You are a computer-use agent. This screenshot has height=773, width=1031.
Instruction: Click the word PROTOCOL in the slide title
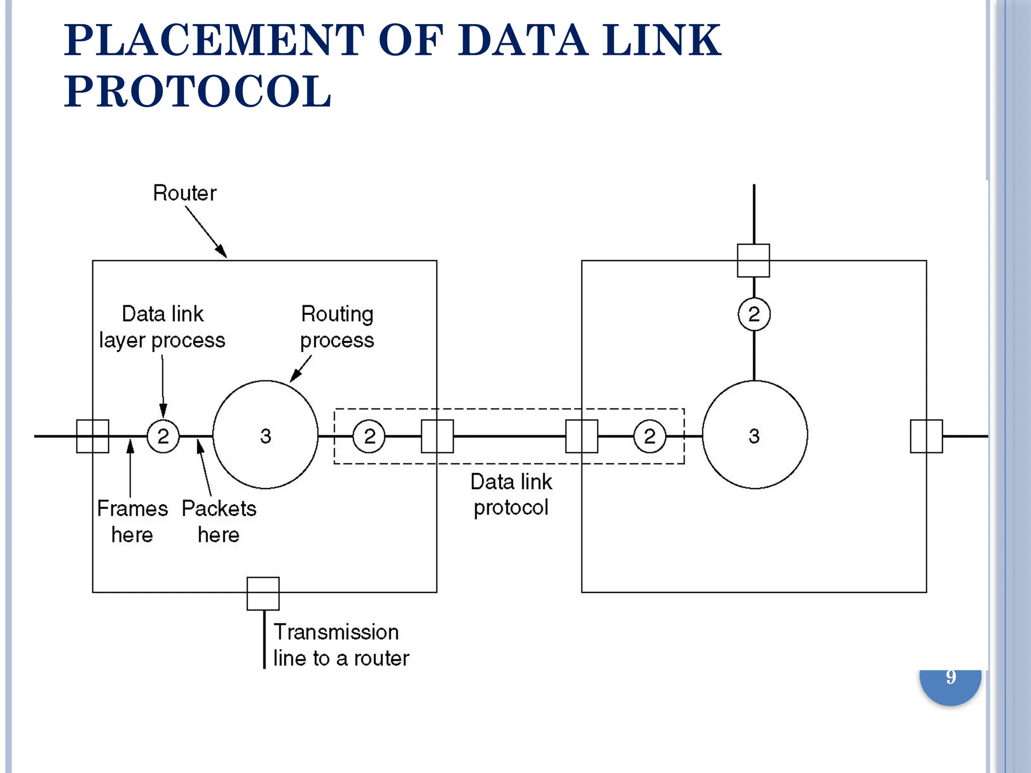197,92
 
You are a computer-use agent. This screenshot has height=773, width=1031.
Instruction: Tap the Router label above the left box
184,193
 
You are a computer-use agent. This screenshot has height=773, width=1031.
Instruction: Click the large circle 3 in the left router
265,435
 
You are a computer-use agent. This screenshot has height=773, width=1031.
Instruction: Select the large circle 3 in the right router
754,435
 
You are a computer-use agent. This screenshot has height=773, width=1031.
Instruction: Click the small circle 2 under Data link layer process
163,436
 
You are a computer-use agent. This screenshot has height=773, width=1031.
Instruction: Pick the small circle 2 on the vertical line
754,314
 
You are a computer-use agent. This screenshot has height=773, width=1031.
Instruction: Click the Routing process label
337,327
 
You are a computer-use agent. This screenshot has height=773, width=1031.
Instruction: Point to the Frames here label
132,521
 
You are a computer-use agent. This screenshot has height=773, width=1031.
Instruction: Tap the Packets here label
218,521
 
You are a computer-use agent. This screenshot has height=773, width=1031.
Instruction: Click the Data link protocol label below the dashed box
511,494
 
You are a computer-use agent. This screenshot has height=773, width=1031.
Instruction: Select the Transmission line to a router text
341,645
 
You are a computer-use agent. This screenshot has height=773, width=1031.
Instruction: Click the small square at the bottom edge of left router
263,593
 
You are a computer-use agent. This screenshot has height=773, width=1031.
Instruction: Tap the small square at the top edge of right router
753,260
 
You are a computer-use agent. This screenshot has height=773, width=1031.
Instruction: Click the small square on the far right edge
926,436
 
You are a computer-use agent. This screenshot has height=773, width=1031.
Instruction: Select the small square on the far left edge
93,436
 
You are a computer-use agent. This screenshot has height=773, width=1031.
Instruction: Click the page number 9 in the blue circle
950,677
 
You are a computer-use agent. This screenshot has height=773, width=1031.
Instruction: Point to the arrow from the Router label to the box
206,231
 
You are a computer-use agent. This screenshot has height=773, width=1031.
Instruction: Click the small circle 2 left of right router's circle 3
649,436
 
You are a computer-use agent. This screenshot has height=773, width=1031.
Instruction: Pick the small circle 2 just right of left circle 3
369,436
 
